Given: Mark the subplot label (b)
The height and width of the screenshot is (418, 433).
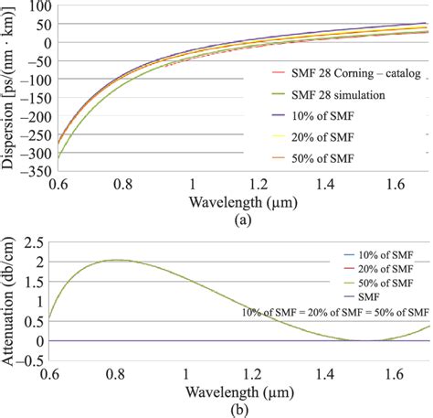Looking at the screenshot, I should click(217, 411).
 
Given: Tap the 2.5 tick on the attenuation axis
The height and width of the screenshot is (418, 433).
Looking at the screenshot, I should click(34, 240).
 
